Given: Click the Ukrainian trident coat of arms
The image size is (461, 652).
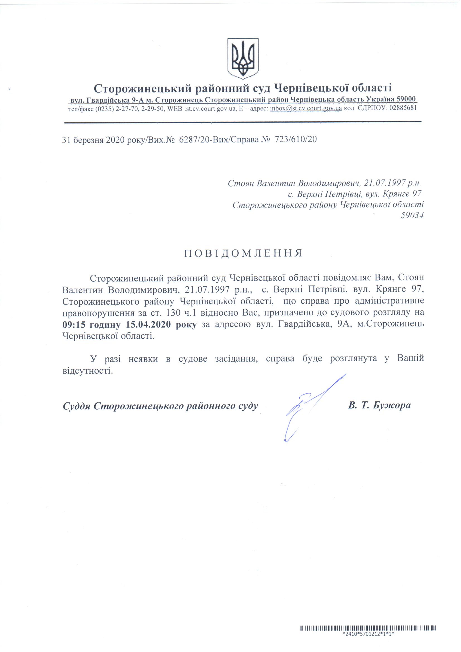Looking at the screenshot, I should [x=243, y=59].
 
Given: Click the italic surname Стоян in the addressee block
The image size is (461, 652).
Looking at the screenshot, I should [x=241, y=183].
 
